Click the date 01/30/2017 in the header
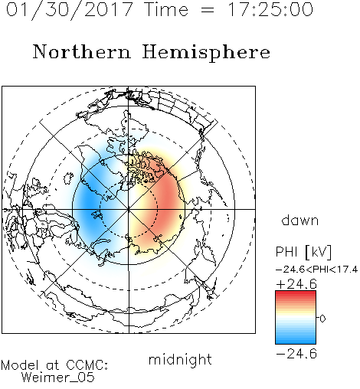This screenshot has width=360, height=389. click(x=69, y=10)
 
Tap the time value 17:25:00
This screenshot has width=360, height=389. click(x=270, y=9)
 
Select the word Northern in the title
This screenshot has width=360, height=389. click(x=81, y=52)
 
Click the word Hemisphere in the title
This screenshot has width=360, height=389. click(x=206, y=53)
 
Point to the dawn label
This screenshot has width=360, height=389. click(x=300, y=220)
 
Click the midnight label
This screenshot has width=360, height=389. click(x=180, y=360)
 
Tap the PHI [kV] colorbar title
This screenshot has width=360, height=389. click(x=303, y=252)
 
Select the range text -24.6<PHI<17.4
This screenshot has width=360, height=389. click(x=317, y=270)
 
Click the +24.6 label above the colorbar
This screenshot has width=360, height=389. click(x=296, y=284)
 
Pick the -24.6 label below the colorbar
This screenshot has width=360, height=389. click(x=296, y=354)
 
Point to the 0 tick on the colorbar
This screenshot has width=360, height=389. click(x=322, y=319)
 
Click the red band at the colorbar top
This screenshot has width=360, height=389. click(x=296, y=294)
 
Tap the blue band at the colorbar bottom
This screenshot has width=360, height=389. click(x=296, y=341)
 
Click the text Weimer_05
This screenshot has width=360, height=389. click(x=58, y=378)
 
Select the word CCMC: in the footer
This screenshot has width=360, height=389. click(x=87, y=365)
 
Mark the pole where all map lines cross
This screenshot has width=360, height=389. click(x=129, y=209)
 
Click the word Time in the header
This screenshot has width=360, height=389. click(x=166, y=10)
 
